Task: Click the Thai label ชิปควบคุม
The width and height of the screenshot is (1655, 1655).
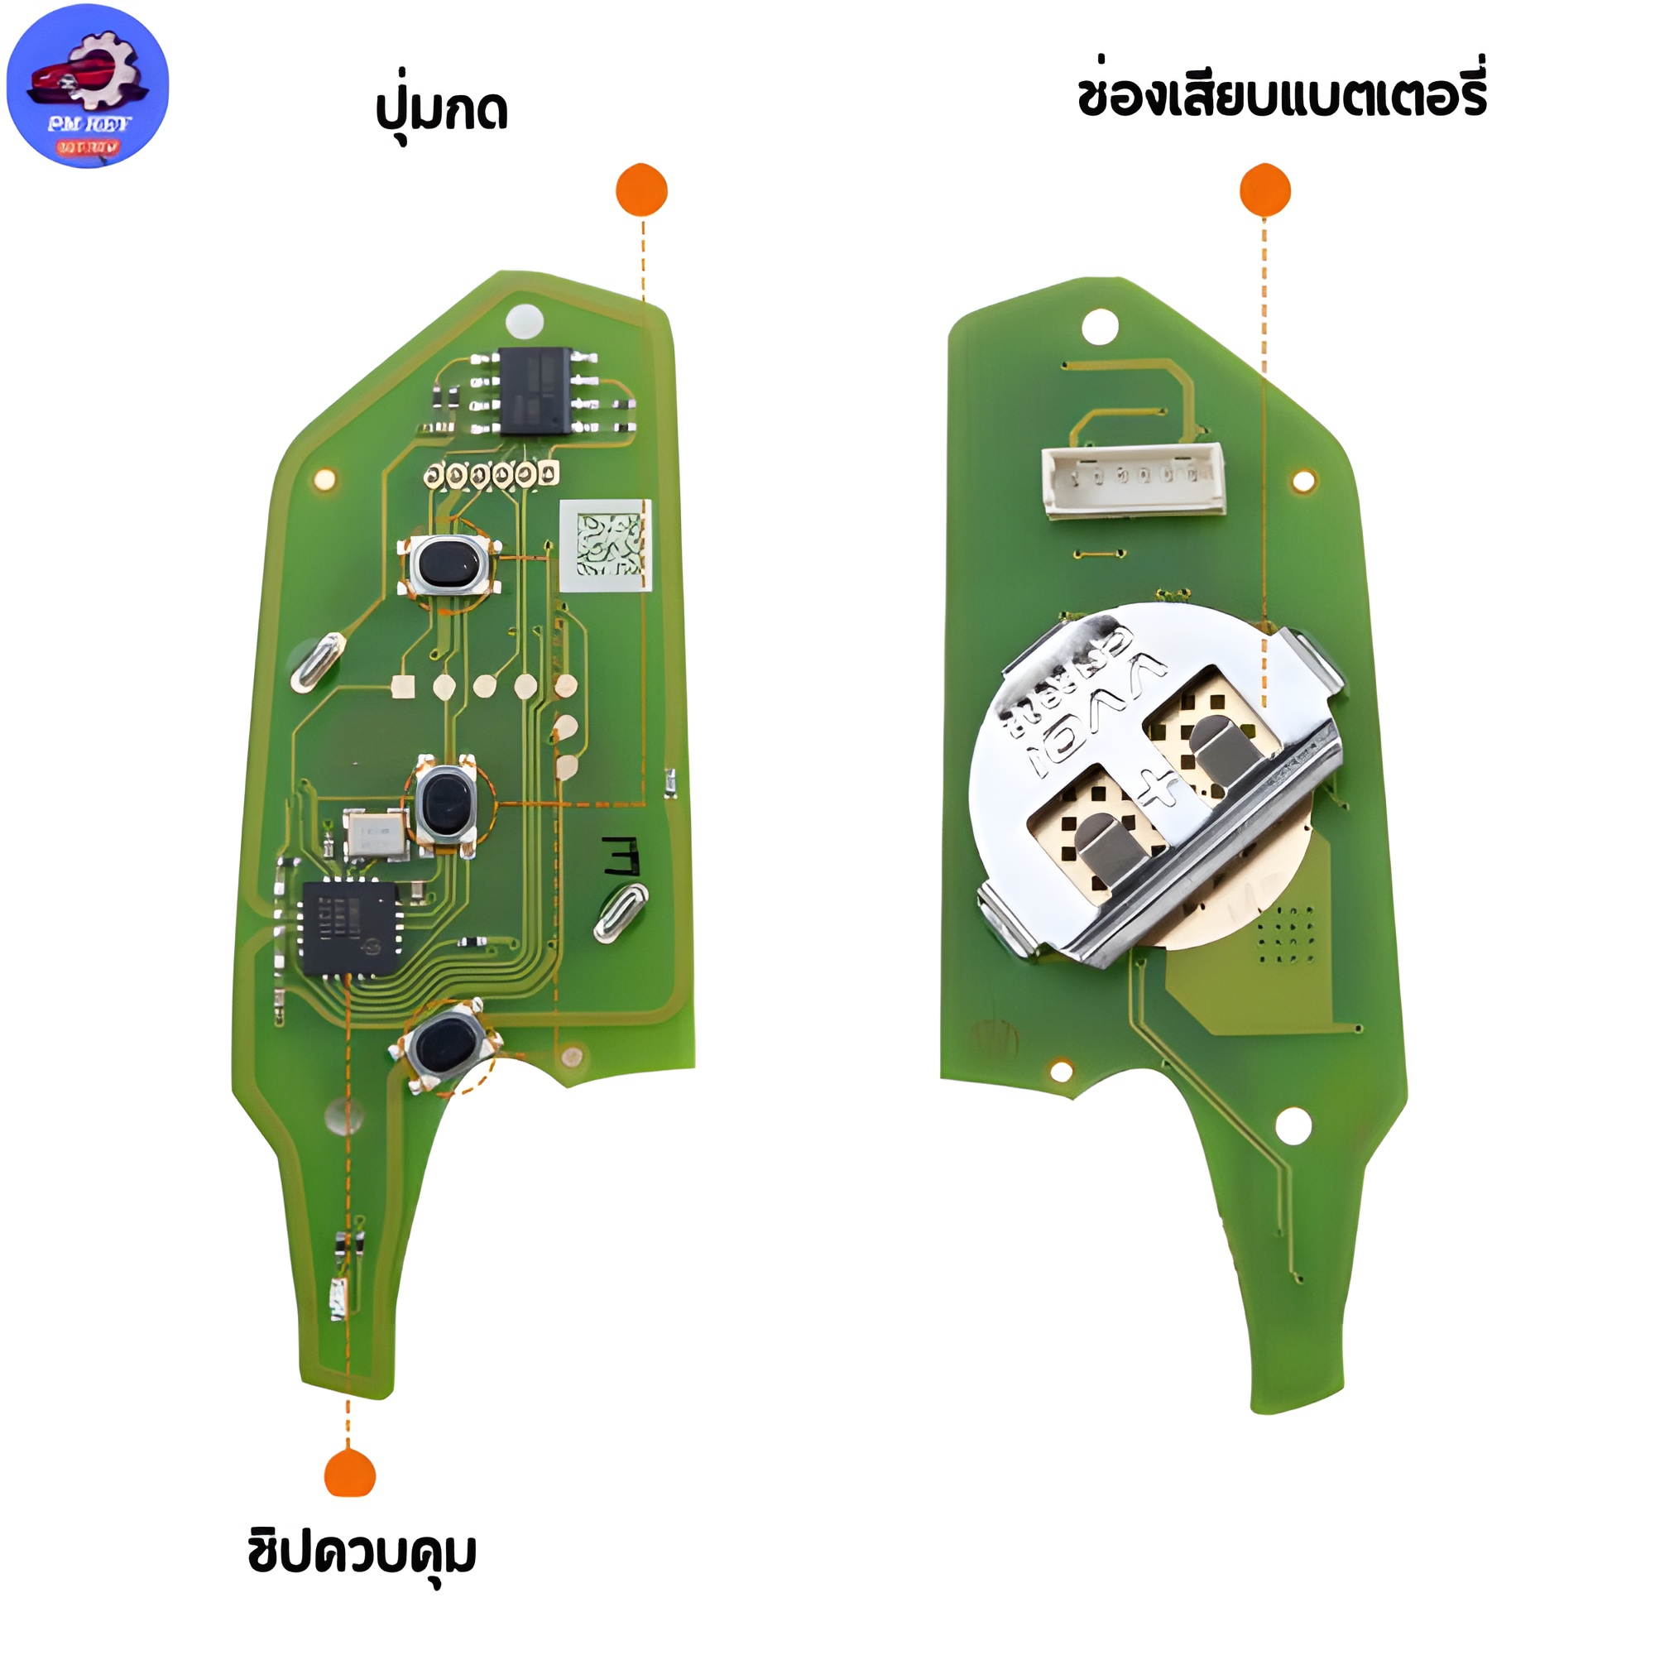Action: click(362, 1552)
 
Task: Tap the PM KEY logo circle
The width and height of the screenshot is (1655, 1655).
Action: click(88, 86)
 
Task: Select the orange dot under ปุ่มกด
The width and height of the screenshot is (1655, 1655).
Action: click(641, 189)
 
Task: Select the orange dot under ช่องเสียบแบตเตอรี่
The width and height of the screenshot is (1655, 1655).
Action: click(1264, 189)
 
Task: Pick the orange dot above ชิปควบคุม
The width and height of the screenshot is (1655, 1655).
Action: click(349, 1473)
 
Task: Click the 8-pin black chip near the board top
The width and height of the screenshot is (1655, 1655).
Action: click(535, 391)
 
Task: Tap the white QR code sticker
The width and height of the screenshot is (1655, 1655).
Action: click(606, 544)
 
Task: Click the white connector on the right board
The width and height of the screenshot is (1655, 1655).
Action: click(1134, 482)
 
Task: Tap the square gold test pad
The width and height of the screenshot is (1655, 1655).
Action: click(403, 686)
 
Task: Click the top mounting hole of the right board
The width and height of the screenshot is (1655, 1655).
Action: click(1101, 326)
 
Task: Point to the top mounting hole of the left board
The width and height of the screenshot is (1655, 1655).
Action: click(525, 321)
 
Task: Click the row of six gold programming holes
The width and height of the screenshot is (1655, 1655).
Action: click(492, 473)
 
